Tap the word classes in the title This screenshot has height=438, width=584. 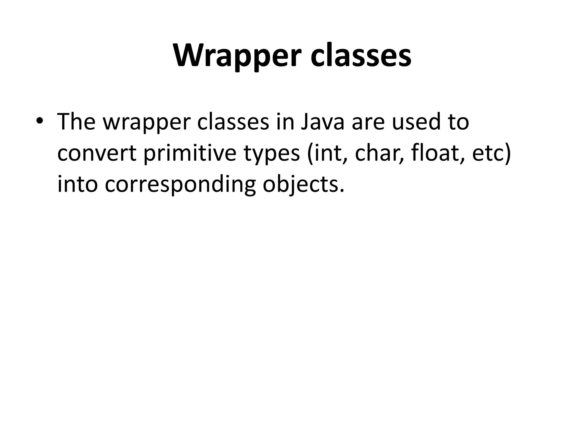tap(361, 56)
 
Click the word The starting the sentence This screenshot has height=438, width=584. tap(76, 122)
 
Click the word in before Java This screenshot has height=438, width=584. tap(285, 122)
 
